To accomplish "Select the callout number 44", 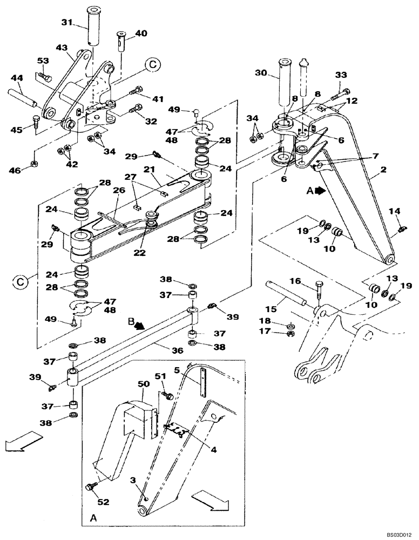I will (x=17, y=79).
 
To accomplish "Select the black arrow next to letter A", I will (x=320, y=191).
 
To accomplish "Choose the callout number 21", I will (x=150, y=170).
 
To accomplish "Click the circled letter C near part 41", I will (x=153, y=65).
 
